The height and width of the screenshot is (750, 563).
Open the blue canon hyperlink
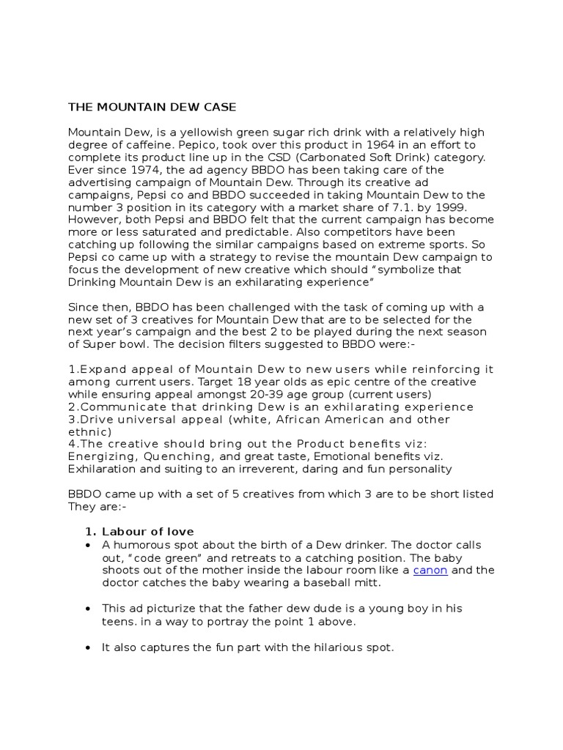430,570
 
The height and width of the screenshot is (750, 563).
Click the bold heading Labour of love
147,532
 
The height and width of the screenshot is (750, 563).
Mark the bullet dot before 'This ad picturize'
88,609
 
